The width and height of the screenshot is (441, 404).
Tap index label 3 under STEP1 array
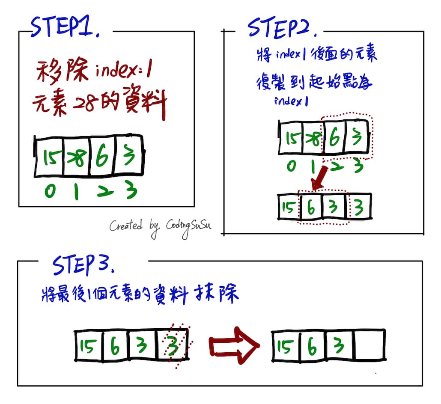point(130,191)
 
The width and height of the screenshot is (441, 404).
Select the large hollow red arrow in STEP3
point(234,345)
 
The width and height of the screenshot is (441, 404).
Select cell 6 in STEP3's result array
point(312,346)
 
